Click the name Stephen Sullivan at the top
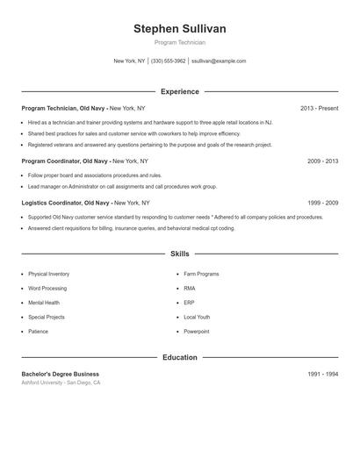pos(179,29)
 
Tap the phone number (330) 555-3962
pos(169,61)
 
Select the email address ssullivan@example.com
pos(219,61)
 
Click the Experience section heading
pos(179,91)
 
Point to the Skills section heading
pos(179,254)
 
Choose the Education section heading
pos(179,357)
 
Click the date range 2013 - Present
pos(319,108)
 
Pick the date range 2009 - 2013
pos(322,161)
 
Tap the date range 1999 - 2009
pos(322,203)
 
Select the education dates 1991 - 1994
pos(322,374)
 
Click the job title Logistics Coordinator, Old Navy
pos(64,203)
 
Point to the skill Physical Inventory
pos(48,274)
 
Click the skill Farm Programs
pos(201,274)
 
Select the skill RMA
pos(190,288)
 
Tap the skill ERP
pos(190,303)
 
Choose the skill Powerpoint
pos(197,332)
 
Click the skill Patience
pos(38,332)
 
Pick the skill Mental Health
pos(44,303)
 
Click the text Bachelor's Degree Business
pos(60,374)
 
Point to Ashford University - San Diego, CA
pos(61,383)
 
